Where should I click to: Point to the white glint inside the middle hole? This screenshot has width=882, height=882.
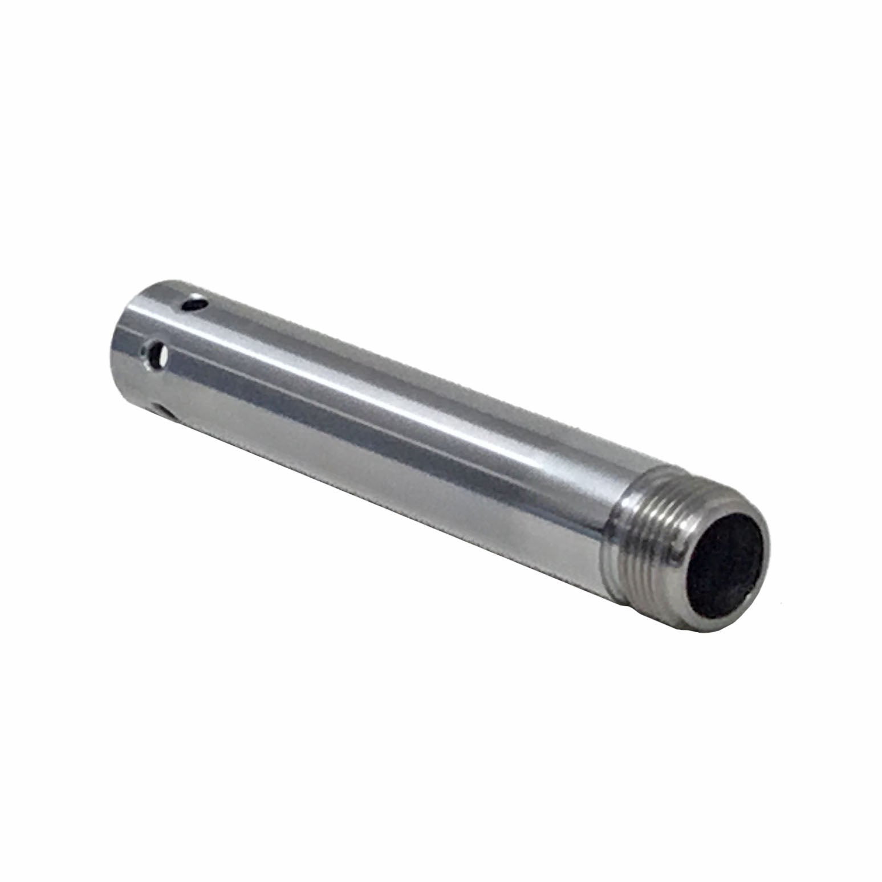tap(162, 357)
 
